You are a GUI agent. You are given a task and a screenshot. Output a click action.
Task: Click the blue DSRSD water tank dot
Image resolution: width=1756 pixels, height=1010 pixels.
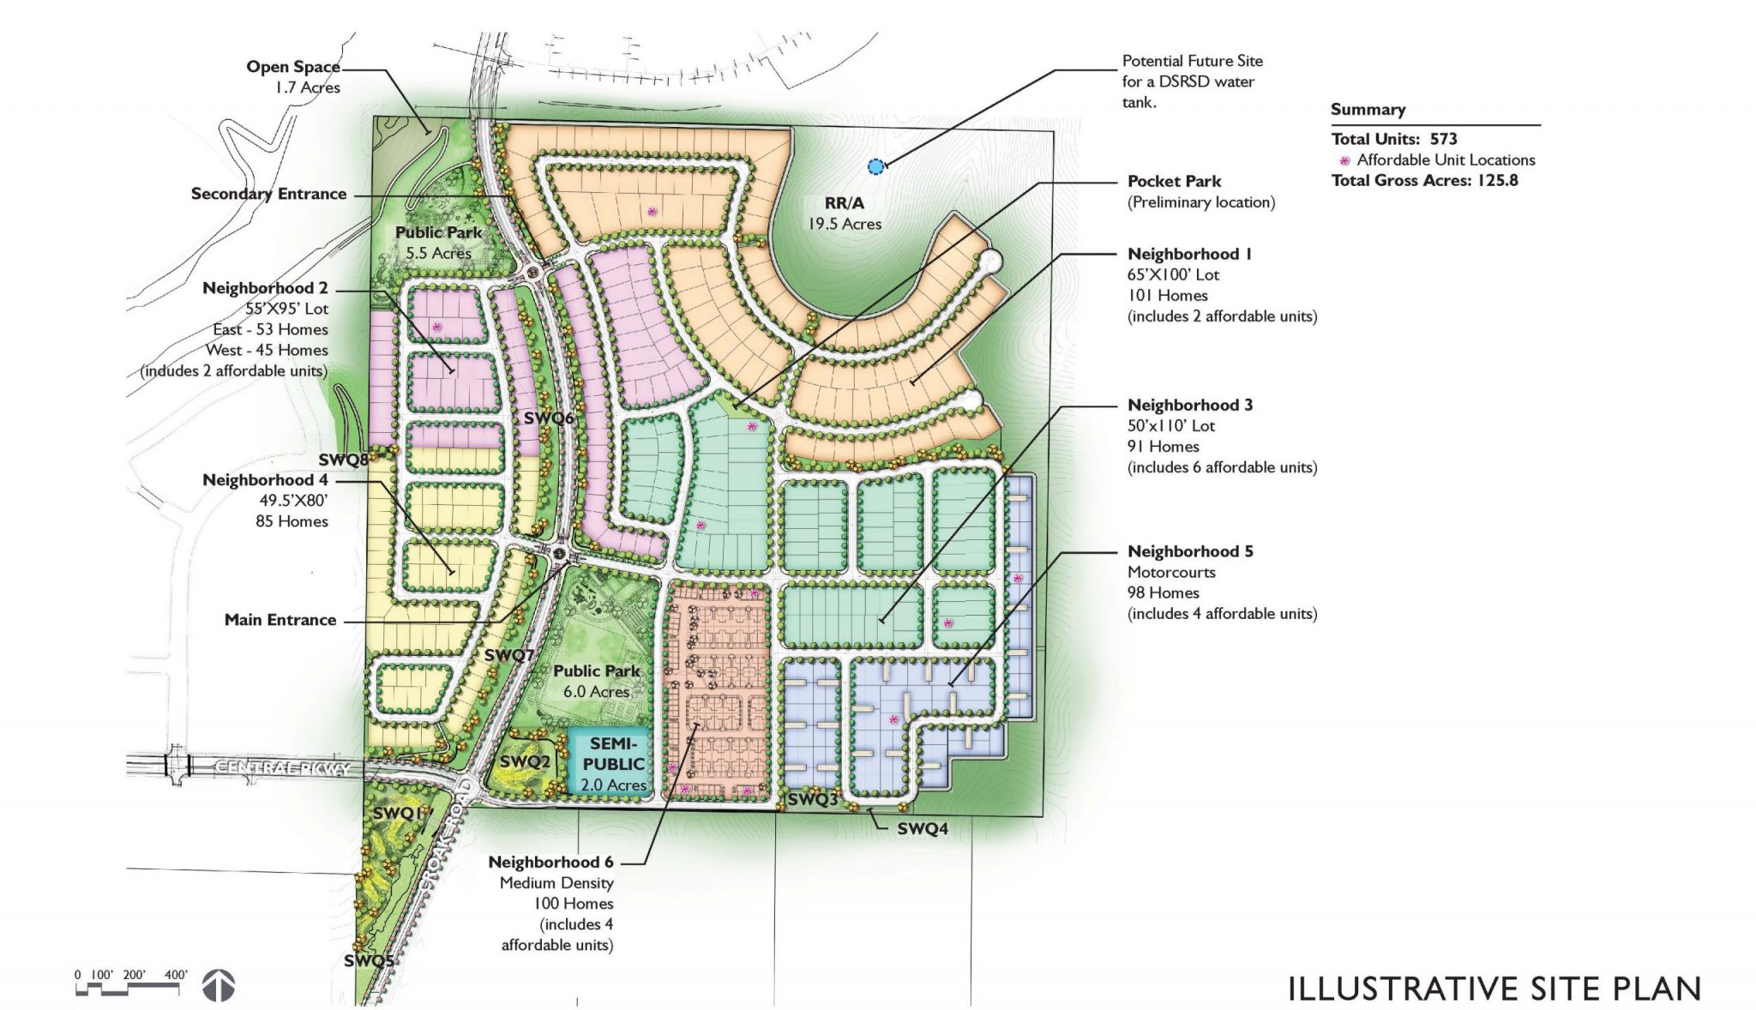point(875,167)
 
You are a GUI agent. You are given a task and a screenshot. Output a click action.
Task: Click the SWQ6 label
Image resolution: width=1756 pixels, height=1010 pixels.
point(550,418)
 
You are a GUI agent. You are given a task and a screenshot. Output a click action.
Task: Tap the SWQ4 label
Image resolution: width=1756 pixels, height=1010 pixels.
point(922,829)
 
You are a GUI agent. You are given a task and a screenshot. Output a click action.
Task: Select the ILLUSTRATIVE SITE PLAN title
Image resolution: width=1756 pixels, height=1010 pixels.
point(1494,988)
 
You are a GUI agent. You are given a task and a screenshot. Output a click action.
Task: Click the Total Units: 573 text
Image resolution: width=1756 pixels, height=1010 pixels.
point(1393,139)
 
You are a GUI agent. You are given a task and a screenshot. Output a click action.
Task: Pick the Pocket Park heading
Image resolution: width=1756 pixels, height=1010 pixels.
point(1174,182)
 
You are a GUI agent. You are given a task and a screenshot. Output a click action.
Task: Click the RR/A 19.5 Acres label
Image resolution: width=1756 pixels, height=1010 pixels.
point(844,213)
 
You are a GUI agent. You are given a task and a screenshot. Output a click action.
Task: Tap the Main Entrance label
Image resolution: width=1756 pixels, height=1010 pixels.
point(280,620)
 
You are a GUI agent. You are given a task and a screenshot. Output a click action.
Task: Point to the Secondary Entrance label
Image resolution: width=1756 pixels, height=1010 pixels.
point(268,194)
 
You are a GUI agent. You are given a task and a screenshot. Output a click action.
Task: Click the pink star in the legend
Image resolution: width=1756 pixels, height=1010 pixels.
point(1344,160)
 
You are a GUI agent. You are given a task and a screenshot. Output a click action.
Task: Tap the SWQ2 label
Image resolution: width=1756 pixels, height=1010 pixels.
point(518,761)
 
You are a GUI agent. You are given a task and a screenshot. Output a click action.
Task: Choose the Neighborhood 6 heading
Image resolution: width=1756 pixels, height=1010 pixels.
point(550,862)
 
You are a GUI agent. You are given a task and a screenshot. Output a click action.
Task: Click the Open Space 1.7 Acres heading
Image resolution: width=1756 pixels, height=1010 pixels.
point(293,67)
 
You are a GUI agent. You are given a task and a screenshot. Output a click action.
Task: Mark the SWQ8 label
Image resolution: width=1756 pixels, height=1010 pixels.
point(343,460)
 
